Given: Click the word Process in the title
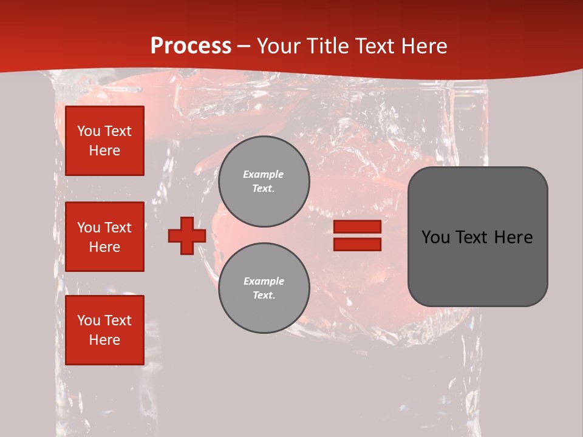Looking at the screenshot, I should pyautogui.click(x=191, y=46).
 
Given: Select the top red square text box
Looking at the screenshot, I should pyautogui.click(x=104, y=141).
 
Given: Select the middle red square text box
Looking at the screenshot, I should pyautogui.click(x=104, y=237).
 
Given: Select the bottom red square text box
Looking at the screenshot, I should pyautogui.click(x=104, y=330).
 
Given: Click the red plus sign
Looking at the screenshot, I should pyautogui.click(x=187, y=235).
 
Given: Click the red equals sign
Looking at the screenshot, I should pyautogui.click(x=357, y=235).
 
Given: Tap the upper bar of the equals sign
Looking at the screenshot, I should pyautogui.click(x=357, y=227).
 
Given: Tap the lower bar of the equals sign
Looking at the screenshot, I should pyautogui.click(x=357, y=244).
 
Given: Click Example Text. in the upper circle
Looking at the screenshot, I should pyautogui.click(x=264, y=181).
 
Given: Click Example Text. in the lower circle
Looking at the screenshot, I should pyautogui.click(x=264, y=288).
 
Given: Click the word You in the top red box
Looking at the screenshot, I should pyautogui.click(x=88, y=131).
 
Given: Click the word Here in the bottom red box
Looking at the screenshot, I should pyautogui.click(x=104, y=340).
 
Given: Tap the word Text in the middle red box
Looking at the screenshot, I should pyautogui.click(x=118, y=228).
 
